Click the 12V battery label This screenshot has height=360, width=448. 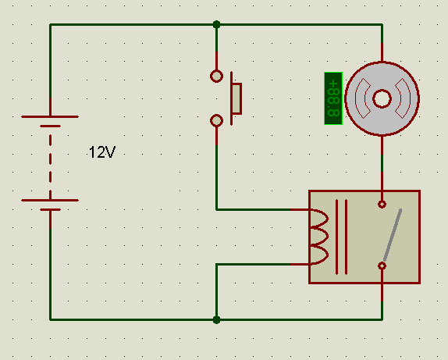pos(102,152)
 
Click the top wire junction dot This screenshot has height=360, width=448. pos(216,24)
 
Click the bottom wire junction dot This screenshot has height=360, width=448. pos(216,319)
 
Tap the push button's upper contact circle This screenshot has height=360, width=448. pos(216,77)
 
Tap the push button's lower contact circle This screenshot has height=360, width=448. pos(216,120)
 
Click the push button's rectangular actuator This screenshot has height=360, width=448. pos(236,98)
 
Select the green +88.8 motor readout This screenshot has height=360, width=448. pos(333,98)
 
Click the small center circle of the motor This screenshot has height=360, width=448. pos(382,99)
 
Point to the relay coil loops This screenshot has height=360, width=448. pos(319,237)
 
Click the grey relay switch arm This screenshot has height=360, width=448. pos(393,235)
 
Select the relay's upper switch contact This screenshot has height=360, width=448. pos(382,204)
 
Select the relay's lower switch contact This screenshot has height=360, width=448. pos(382,266)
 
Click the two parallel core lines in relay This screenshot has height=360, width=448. pos(342,237)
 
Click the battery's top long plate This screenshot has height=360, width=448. pos(50,116)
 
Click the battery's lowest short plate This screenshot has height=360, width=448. pos(50,209)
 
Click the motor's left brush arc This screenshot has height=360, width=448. pos(361,98)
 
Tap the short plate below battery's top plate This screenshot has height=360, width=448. pos(50,126)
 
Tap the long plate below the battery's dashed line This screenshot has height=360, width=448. pos(50,200)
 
